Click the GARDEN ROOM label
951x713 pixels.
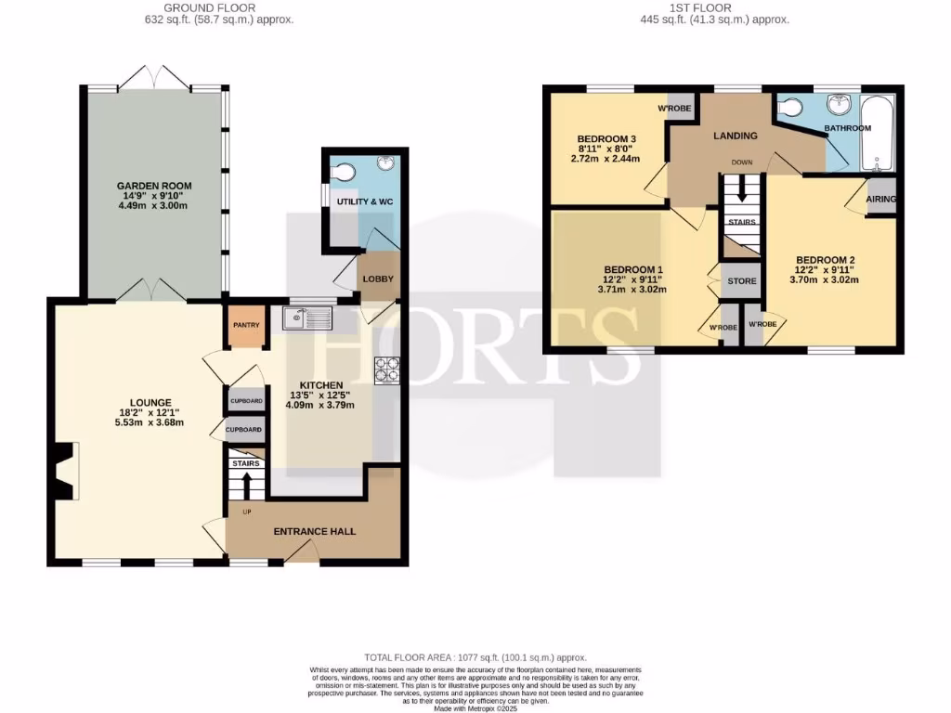point(154,186)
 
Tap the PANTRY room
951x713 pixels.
point(245,326)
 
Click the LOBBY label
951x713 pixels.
point(378,279)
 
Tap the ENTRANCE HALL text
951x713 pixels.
point(314,532)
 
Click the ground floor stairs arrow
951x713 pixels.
point(246,485)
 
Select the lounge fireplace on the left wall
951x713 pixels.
point(63,473)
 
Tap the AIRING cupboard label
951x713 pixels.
point(880,200)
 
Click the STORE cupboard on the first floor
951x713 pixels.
point(741,281)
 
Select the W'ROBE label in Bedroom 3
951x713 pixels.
point(674,110)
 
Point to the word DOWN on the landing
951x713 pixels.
point(741,162)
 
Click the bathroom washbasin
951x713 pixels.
point(843,103)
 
